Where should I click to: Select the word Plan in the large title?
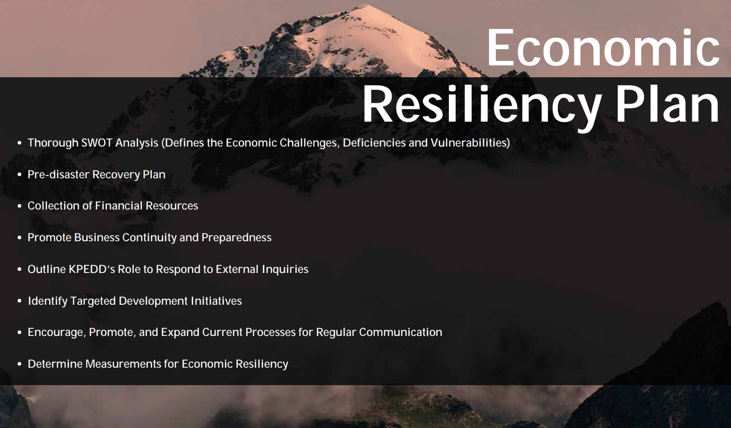[x=667, y=103]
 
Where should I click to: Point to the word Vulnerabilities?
[x=470, y=143]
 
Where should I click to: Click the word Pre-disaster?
[x=58, y=175]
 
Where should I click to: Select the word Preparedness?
[x=236, y=238]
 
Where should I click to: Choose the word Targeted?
[x=93, y=301]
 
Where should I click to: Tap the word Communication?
[x=401, y=332]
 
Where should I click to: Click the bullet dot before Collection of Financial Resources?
[x=20, y=206]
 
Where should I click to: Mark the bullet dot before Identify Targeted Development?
[x=20, y=301]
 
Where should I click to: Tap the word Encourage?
[x=57, y=332]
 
